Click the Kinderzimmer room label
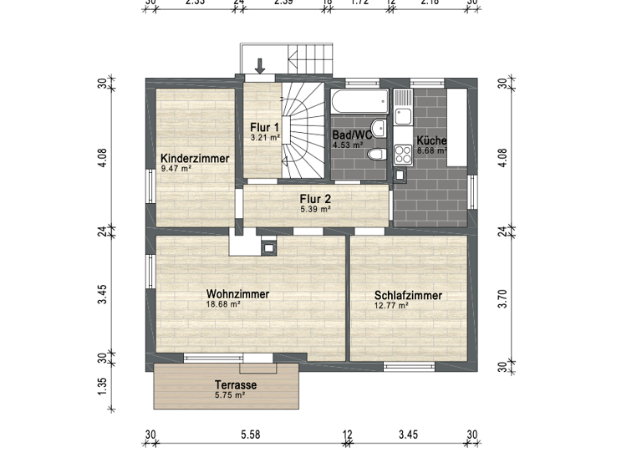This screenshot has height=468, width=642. coord(194,158)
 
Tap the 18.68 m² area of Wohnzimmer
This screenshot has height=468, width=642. coord(223,305)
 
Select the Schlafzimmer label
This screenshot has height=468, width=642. coord(408,296)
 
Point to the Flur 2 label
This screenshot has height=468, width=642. coord(316,199)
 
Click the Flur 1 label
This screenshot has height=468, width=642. coord(264,128)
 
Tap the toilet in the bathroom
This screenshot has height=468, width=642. coord(376,155)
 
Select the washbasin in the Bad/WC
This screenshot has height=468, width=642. coord(379,128)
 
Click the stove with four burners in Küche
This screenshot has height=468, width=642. coord(403,155)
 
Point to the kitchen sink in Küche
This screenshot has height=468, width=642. coord(403,106)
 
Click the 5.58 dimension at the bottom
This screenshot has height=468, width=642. coord(249,435)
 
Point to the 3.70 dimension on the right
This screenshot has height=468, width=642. coord(502,298)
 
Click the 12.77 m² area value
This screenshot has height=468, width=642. coord(391,306)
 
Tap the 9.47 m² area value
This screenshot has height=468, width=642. coord(176,168)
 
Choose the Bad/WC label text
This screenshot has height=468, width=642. coord(351,135)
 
